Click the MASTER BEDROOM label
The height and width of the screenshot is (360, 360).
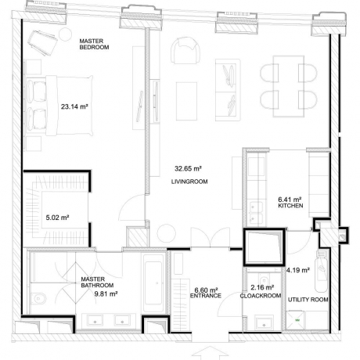(94, 44)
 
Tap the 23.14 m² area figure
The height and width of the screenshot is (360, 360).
(74, 106)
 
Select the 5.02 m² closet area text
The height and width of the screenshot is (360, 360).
(57, 218)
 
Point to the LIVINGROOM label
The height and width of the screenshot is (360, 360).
(189, 182)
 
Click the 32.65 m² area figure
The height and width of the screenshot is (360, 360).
(188, 168)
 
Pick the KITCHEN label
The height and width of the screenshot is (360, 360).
(290, 206)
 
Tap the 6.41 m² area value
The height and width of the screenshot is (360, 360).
(290, 200)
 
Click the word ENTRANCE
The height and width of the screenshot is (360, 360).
(206, 296)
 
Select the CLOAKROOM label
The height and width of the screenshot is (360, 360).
(261, 296)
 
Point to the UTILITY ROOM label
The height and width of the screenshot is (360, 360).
(308, 300)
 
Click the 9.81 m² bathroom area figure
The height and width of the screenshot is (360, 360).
(106, 294)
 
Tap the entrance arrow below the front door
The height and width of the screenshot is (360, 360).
(211, 351)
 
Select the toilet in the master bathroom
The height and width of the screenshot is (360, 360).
(39, 297)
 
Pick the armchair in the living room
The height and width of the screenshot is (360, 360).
(185, 50)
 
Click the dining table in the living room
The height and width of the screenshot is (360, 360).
(289, 86)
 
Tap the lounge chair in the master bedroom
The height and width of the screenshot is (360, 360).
(43, 42)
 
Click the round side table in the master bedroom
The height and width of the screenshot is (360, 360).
(65, 34)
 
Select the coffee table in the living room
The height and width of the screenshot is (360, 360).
(186, 101)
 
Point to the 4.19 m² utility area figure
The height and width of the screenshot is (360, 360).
(298, 270)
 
